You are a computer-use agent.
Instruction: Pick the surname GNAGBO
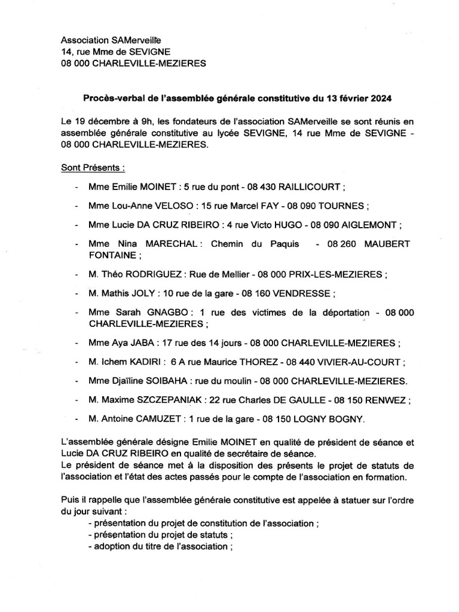[x=171, y=313]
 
